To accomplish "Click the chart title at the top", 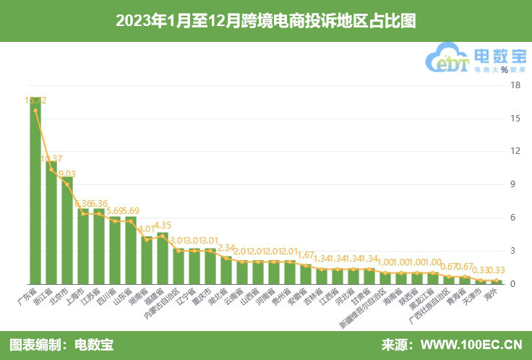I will point(265,20).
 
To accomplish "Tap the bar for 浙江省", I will point(51,224).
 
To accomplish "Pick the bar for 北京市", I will point(67,231).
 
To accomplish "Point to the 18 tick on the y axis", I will point(515,85).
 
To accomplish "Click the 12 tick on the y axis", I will point(515,152).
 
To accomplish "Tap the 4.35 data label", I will point(163,226).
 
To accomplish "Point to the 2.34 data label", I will point(226,248).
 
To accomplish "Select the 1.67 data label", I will point(306,255).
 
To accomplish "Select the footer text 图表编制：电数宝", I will point(61,345).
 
